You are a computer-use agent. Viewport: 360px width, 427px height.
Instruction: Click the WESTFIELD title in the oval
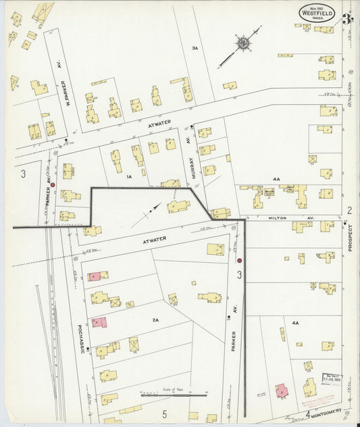pyautogui.click(x=316, y=11)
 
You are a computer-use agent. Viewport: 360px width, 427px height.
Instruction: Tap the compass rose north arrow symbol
pyautogui.click(x=242, y=45)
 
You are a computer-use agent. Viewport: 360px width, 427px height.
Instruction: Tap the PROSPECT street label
pyautogui.click(x=351, y=238)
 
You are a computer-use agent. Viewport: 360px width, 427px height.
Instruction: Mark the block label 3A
pyautogui.click(x=195, y=48)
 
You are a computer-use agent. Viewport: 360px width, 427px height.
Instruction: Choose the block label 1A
pyautogui.click(x=128, y=176)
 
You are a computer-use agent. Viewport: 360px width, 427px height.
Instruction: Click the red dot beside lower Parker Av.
pyautogui.click(x=239, y=260)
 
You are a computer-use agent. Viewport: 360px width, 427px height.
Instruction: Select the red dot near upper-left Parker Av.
pyautogui.click(x=53, y=184)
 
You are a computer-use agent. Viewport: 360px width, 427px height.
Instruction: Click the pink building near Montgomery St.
pyautogui.click(x=281, y=391)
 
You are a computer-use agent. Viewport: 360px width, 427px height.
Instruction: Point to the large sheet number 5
pyautogui.click(x=163, y=413)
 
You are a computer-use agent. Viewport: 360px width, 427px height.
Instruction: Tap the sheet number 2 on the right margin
pyautogui.click(x=349, y=210)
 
